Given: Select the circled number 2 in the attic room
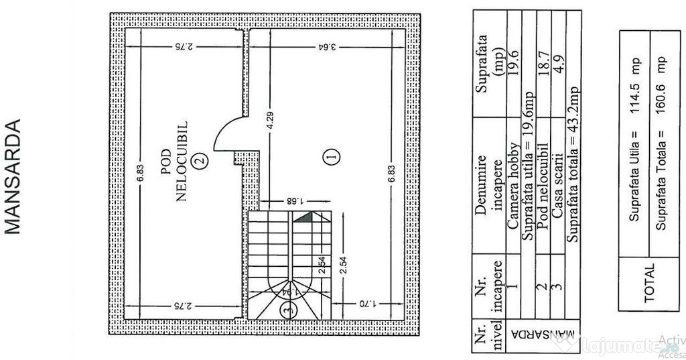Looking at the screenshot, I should pyautogui.click(x=199, y=161).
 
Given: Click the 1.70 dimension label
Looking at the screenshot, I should pyautogui.click(x=365, y=304).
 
